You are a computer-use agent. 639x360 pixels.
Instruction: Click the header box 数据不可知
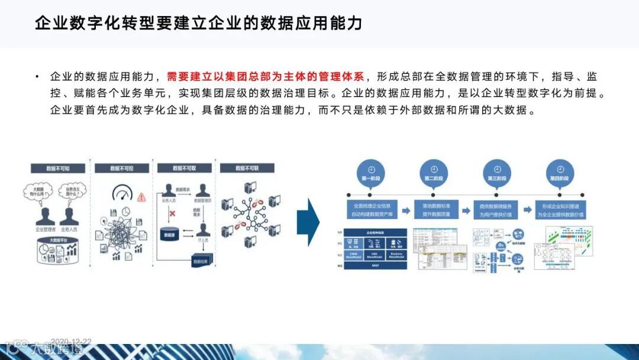(57, 169)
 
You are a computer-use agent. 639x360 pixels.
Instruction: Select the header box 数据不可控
(121, 169)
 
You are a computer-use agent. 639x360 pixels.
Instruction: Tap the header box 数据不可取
(184, 169)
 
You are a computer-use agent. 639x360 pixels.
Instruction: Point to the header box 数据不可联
(247, 169)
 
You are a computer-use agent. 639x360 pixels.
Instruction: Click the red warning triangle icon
(141, 198)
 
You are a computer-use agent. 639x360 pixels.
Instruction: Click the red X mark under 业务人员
(173, 213)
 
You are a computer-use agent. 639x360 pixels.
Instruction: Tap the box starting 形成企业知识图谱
(560, 210)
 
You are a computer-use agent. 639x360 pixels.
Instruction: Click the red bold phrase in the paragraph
(266, 77)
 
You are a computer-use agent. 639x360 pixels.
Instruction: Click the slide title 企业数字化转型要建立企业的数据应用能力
(198, 24)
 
